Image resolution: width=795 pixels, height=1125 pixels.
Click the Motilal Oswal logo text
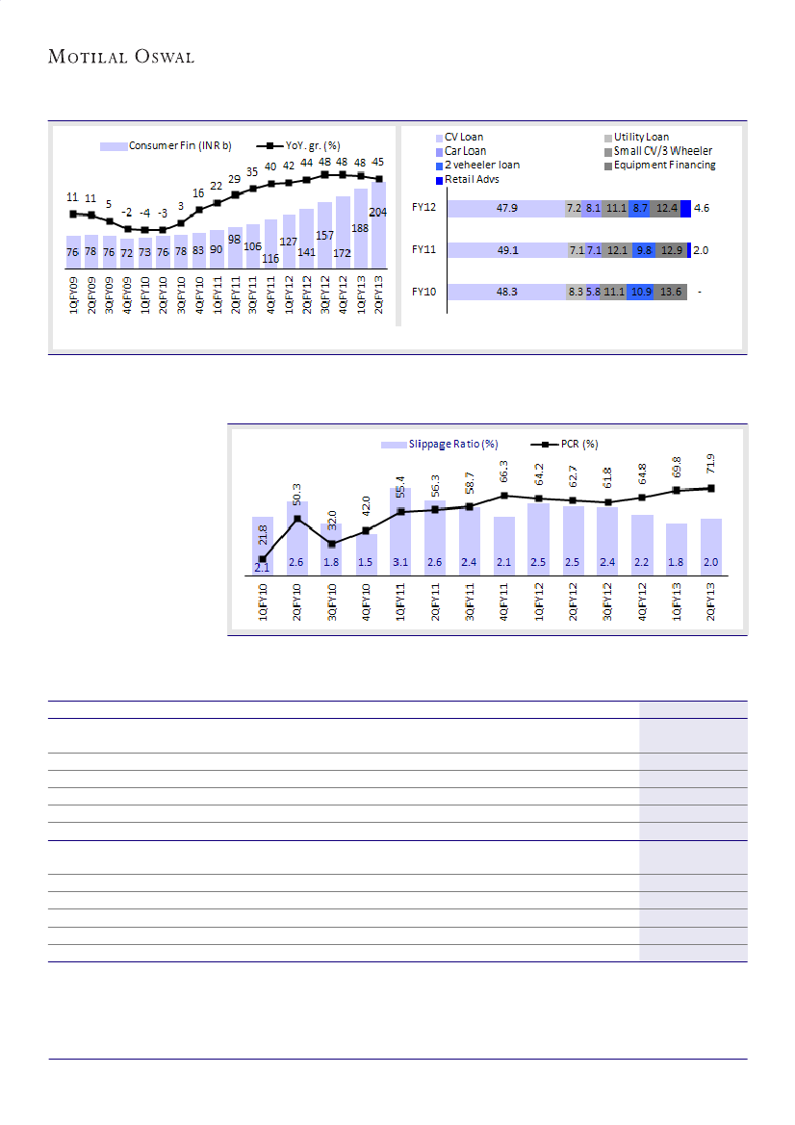tap(121, 58)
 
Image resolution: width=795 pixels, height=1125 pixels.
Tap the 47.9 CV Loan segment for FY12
tap(507, 208)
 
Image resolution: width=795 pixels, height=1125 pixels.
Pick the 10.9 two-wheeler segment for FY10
tap(640, 292)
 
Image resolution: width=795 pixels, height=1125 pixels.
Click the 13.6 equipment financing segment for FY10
tap(671, 292)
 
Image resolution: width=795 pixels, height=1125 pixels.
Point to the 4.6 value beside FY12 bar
tap(702, 208)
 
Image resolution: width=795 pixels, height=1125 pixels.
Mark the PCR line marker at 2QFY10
tap(297, 520)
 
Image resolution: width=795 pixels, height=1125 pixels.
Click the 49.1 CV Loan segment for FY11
tap(507, 250)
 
